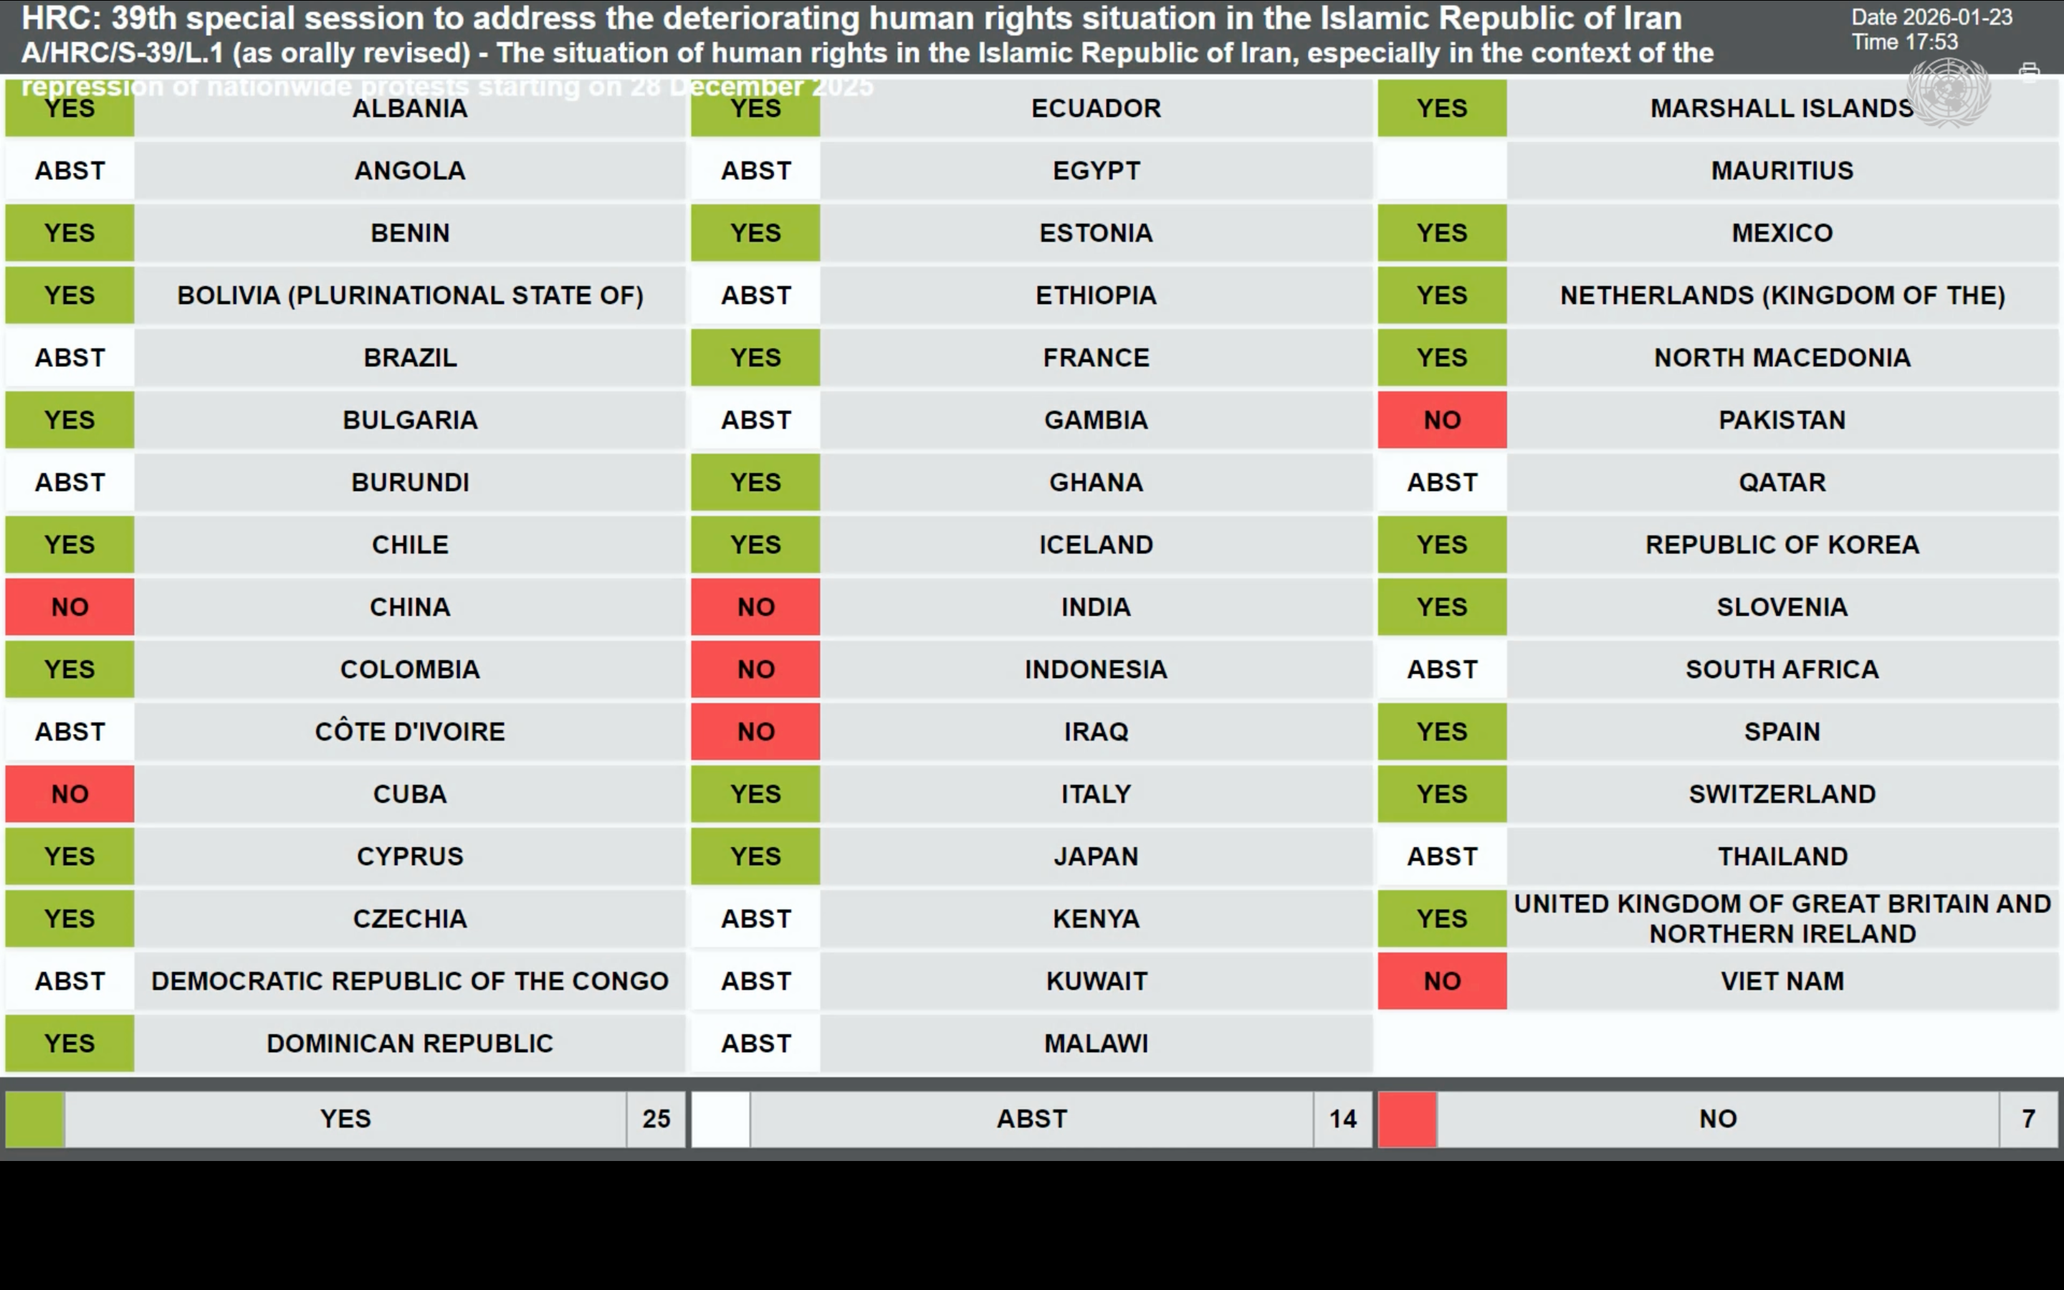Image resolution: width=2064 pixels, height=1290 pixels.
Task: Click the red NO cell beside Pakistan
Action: click(x=1441, y=420)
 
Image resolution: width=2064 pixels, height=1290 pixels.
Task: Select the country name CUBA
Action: click(x=409, y=794)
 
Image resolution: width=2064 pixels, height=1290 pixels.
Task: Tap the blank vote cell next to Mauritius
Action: click(x=1441, y=171)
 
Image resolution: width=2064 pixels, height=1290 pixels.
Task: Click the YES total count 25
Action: click(x=656, y=1119)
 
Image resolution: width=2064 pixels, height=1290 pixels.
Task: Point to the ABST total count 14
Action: click(x=1342, y=1119)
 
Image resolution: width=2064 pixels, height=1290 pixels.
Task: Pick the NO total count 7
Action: click(x=2028, y=1119)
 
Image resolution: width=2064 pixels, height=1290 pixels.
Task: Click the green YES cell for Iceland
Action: click(x=755, y=545)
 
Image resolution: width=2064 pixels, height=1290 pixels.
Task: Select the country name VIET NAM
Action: click(x=1782, y=981)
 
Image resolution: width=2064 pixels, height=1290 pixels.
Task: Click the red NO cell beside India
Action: click(x=755, y=606)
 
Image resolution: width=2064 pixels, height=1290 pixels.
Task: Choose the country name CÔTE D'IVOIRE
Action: click(x=409, y=732)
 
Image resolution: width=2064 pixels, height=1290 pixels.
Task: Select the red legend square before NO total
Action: click(x=1408, y=1119)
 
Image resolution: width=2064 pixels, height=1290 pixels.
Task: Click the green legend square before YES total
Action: click(x=35, y=1119)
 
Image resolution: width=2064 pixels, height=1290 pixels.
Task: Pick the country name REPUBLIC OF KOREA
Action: click(x=1782, y=545)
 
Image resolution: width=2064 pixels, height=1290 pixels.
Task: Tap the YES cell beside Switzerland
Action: click(x=1441, y=794)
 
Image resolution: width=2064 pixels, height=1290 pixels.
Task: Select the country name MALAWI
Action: click(x=1096, y=1043)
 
